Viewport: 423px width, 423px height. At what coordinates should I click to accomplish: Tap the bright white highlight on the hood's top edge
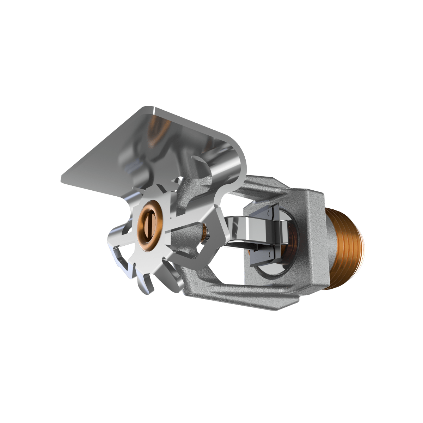click(155, 112)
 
